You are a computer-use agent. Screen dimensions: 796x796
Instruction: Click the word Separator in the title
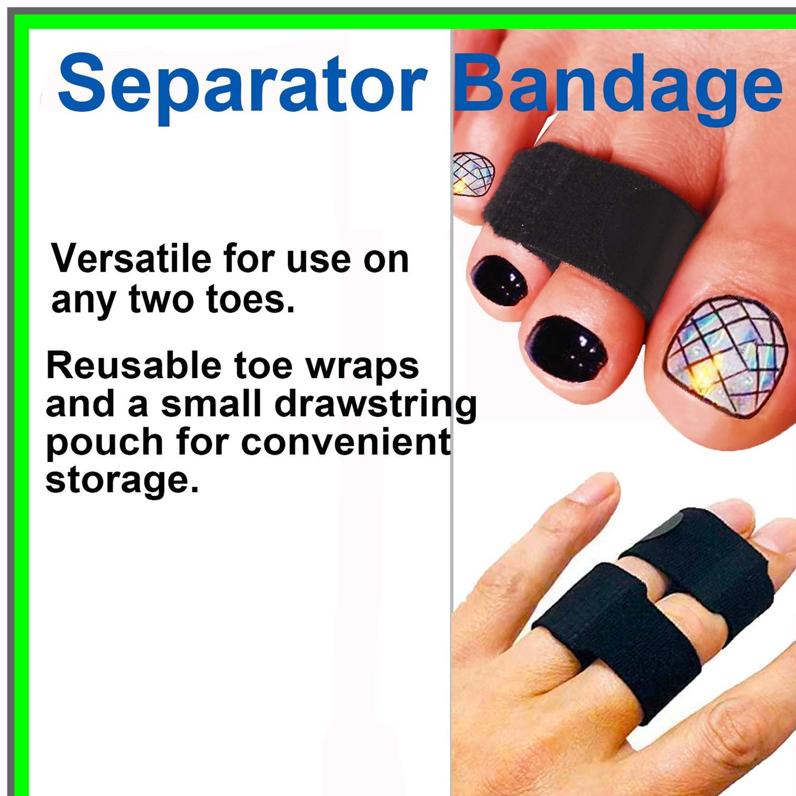click(242, 86)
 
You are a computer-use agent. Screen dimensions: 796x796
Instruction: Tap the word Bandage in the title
click(618, 86)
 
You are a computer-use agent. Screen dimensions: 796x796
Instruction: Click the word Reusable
click(134, 366)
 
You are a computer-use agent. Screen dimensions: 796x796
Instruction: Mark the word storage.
click(122, 481)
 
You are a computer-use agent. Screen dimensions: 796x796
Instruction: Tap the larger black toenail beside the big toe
click(566, 349)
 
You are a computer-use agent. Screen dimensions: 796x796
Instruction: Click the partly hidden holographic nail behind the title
click(473, 174)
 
